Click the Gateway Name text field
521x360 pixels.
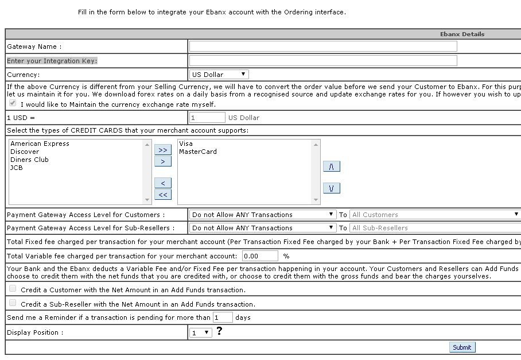pyautogui.click(x=323, y=47)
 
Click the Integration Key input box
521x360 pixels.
pyautogui.click(x=323, y=60)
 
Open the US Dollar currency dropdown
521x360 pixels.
pyautogui.click(x=219, y=74)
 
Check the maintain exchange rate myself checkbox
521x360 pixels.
pyautogui.click(x=13, y=103)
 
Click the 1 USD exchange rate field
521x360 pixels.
pyautogui.click(x=207, y=118)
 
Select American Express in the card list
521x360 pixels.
pyautogui.click(x=40, y=144)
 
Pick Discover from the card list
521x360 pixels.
pyautogui.click(x=25, y=152)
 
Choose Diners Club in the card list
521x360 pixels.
pyautogui.click(x=29, y=160)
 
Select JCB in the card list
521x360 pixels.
pyautogui.click(x=17, y=168)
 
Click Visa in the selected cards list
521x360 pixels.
pyautogui.click(x=185, y=144)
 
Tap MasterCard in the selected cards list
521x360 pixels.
pyautogui.click(x=197, y=152)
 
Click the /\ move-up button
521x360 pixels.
pyautogui.click(x=331, y=167)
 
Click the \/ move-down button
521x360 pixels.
pyautogui.click(x=331, y=188)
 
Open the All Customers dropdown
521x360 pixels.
pyautogui.click(x=434, y=215)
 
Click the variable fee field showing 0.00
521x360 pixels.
pyautogui.click(x=260, y=256)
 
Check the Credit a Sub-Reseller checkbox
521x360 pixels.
pyautogui.click(x=13, y=303)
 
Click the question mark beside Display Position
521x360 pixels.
pyautogui.click(x=219, y=331)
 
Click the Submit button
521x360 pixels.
pyautogui.click(x=462, y=347)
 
